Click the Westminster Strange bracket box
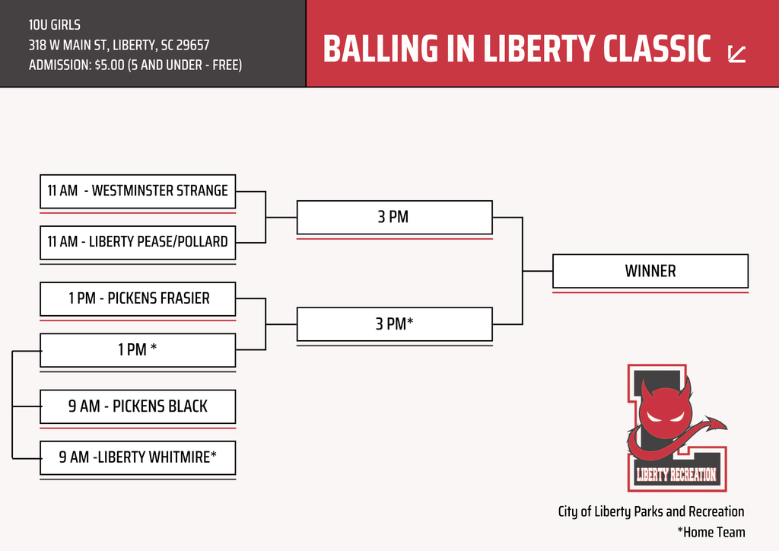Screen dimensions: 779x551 tap(138, 191)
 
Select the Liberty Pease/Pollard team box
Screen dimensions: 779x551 tap(138, 242)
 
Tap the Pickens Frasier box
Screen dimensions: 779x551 tap(138, 298)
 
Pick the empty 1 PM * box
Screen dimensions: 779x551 tap(138, 350)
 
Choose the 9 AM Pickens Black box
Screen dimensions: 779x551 tap(138, 406)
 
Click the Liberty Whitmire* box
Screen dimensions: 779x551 tap(138, 457)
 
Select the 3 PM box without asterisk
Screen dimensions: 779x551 tap(394, 217)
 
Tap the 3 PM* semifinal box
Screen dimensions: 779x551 tap(394, 324)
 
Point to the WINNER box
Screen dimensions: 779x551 tap(650, 271)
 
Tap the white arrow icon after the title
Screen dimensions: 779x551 tap(736, 53)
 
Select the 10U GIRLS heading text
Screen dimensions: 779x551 tap(55, 25)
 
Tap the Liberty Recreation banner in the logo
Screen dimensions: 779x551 tap(676, 476)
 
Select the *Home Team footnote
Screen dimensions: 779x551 tap(711, 532)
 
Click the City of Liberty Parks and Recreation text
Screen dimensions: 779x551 tap(651, 511)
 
